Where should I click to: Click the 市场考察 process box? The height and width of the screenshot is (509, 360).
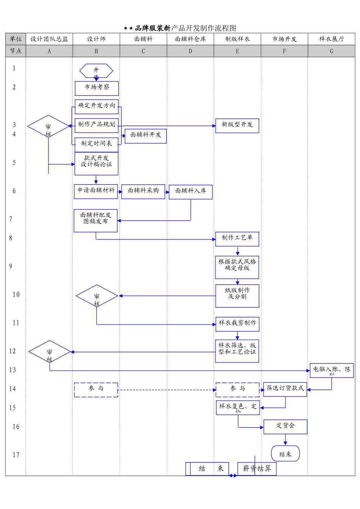97,88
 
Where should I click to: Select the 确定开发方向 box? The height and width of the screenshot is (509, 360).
97,106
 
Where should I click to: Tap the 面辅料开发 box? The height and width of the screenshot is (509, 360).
146,136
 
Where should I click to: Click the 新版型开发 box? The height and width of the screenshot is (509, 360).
237,125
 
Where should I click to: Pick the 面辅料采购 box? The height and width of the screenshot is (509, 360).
143,191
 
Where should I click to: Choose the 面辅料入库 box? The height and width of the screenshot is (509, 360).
190,192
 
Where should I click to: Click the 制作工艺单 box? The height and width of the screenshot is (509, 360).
237,239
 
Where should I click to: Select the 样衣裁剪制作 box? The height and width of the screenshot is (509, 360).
237,324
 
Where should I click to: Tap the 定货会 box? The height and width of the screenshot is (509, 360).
285,426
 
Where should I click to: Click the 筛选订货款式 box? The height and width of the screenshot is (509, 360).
285,389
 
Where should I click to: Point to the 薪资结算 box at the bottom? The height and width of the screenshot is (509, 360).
257,468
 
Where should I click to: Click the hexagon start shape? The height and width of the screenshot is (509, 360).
96,71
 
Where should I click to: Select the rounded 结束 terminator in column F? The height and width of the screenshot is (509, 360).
285,454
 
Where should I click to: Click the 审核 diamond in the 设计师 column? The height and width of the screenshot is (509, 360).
97,296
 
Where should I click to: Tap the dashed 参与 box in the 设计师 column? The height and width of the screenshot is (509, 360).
96,389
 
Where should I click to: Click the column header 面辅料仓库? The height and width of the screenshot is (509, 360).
190,39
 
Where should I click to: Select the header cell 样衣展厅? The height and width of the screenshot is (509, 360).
331,39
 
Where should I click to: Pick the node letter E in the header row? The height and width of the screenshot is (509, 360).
237,51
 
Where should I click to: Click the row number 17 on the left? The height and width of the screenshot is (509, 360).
16,455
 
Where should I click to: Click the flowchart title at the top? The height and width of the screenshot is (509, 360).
180,28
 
